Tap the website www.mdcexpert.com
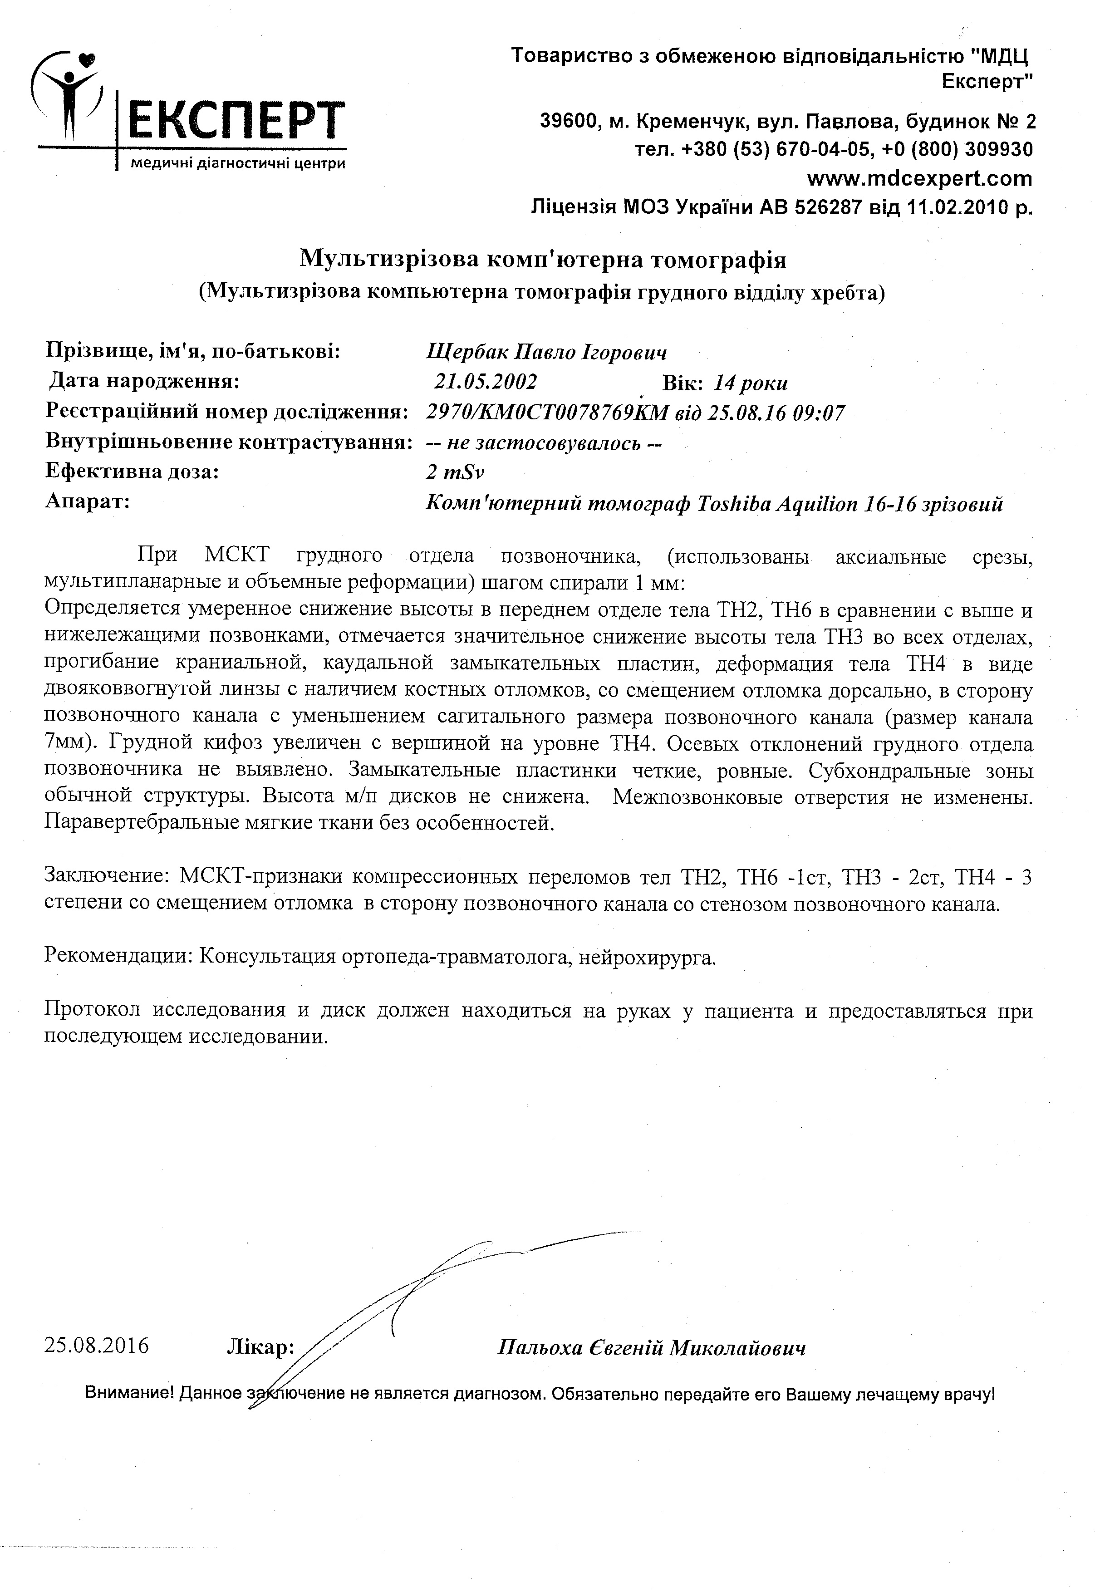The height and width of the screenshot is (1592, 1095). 919,178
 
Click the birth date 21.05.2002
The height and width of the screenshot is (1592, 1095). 485,382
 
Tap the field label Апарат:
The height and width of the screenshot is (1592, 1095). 88,501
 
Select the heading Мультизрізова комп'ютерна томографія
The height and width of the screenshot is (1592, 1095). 543,260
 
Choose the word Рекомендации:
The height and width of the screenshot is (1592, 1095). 117,957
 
